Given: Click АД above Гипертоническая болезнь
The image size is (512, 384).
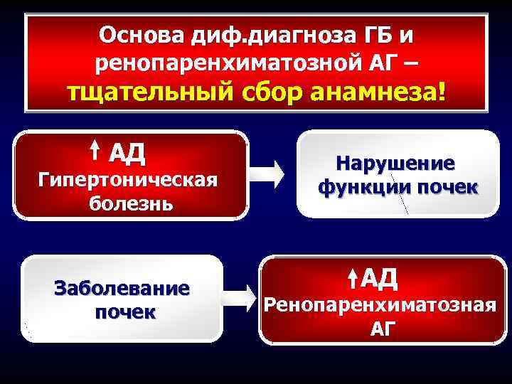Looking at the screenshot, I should pos(127,152).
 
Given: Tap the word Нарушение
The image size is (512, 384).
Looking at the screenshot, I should pos(396,164).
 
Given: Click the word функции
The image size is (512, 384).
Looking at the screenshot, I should pos(361,188).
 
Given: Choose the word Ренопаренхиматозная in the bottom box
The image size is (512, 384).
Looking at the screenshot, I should pos(380,306).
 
